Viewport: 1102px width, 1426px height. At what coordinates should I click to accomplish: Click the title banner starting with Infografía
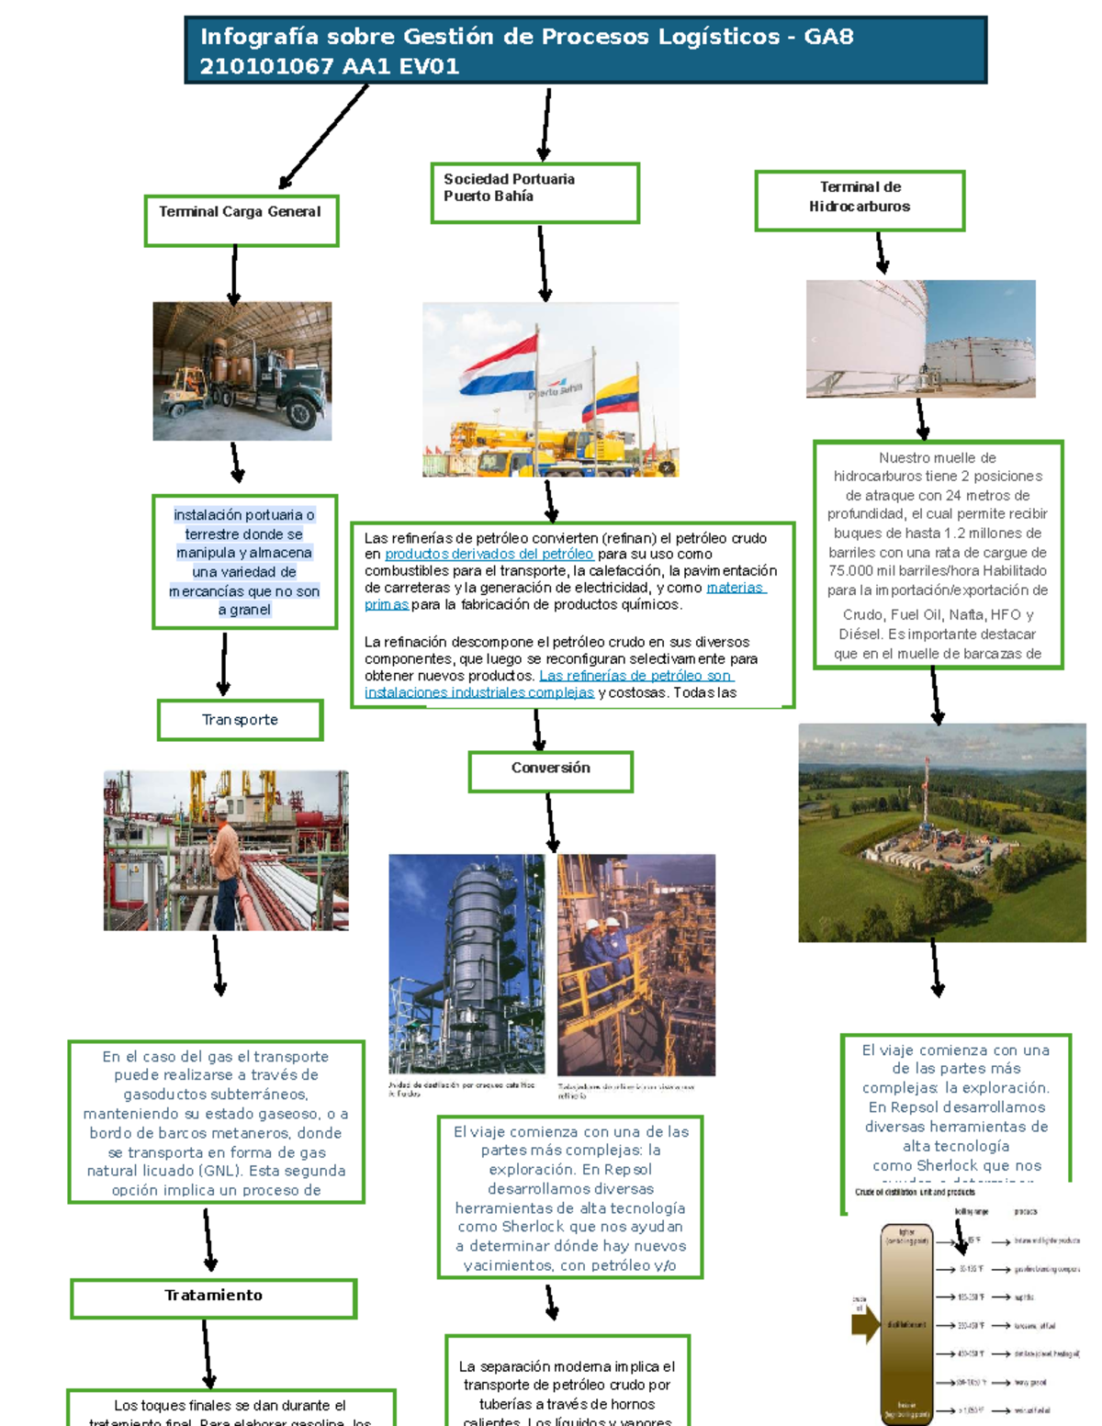point(585,51)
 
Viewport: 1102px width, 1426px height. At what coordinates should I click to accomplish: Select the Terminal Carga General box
point(242,220)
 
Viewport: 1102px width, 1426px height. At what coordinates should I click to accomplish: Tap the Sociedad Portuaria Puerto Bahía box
point(534,193)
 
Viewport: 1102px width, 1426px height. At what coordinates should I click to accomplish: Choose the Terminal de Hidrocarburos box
point(860,200)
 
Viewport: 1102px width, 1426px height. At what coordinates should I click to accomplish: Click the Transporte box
point(240,720)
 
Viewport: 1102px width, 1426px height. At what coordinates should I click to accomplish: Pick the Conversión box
point(550,771)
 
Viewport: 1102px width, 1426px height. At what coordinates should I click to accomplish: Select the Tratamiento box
point(213,1298)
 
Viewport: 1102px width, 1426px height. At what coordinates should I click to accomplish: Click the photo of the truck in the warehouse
point(242,371)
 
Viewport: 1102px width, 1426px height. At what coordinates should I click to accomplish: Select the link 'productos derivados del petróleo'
point(489,554)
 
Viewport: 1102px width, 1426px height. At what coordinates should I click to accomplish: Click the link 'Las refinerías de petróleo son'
point(635,676)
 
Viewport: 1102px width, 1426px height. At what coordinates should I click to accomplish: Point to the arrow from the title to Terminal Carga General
point(323,137)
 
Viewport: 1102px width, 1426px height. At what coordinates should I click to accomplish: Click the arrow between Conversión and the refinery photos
point(551,822)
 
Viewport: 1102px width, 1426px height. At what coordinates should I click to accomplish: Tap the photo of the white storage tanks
point(920,339)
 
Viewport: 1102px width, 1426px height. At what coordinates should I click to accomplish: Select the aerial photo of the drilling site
point(941,832)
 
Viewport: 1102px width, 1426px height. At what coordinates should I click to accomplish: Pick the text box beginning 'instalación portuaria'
point(244,562)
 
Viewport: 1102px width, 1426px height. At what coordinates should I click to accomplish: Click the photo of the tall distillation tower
point(467,964)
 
